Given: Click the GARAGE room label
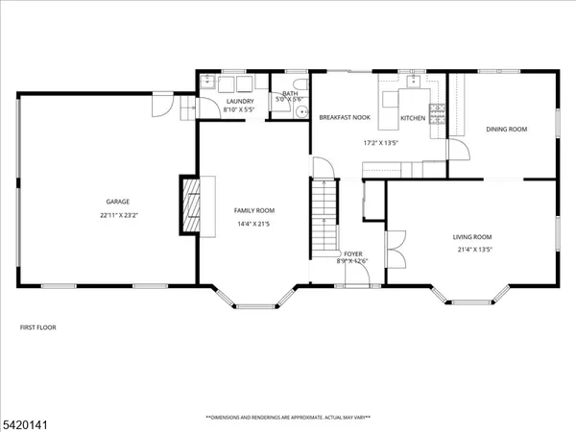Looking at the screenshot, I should point(117,202).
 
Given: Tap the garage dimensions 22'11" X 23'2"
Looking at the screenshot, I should point(118,215).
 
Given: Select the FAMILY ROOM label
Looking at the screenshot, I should point(254,210).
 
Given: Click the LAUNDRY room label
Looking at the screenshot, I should point(239,101).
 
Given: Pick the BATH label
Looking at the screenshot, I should point(289,93).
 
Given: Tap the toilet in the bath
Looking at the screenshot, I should point(298,110).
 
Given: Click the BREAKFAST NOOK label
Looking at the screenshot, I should point(345,117).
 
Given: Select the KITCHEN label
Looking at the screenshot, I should point(413,118).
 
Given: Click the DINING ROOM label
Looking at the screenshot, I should point(507,129).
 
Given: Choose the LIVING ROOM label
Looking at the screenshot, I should point(472,236).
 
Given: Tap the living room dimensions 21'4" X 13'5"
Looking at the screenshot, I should point(472,250).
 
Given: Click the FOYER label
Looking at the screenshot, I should point(353,252).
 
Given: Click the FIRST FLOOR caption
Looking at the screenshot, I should point(38,327).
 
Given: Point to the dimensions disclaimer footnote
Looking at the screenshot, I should point(288,418).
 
